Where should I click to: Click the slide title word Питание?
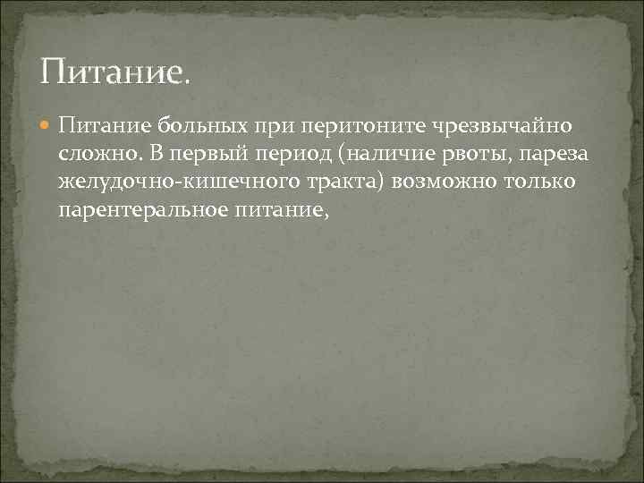click(x=114, y=70)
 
